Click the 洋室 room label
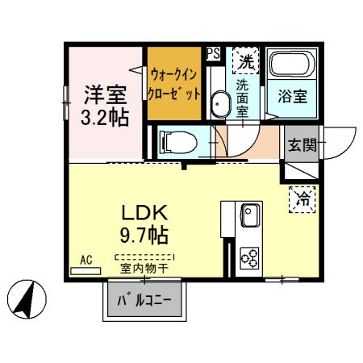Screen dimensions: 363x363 106,94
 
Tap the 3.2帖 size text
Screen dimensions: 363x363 106,116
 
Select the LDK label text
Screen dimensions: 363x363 144,213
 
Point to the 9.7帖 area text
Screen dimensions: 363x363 144,236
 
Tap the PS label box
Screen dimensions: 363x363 214,53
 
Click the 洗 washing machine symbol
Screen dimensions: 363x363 243,59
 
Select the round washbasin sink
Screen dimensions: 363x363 219,104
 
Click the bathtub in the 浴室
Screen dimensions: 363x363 293,65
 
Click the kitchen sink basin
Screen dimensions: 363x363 248,216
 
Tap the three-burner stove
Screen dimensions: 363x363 249,258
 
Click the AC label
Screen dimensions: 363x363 86,261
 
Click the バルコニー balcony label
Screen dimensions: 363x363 145,302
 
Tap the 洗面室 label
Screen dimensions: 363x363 242,97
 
